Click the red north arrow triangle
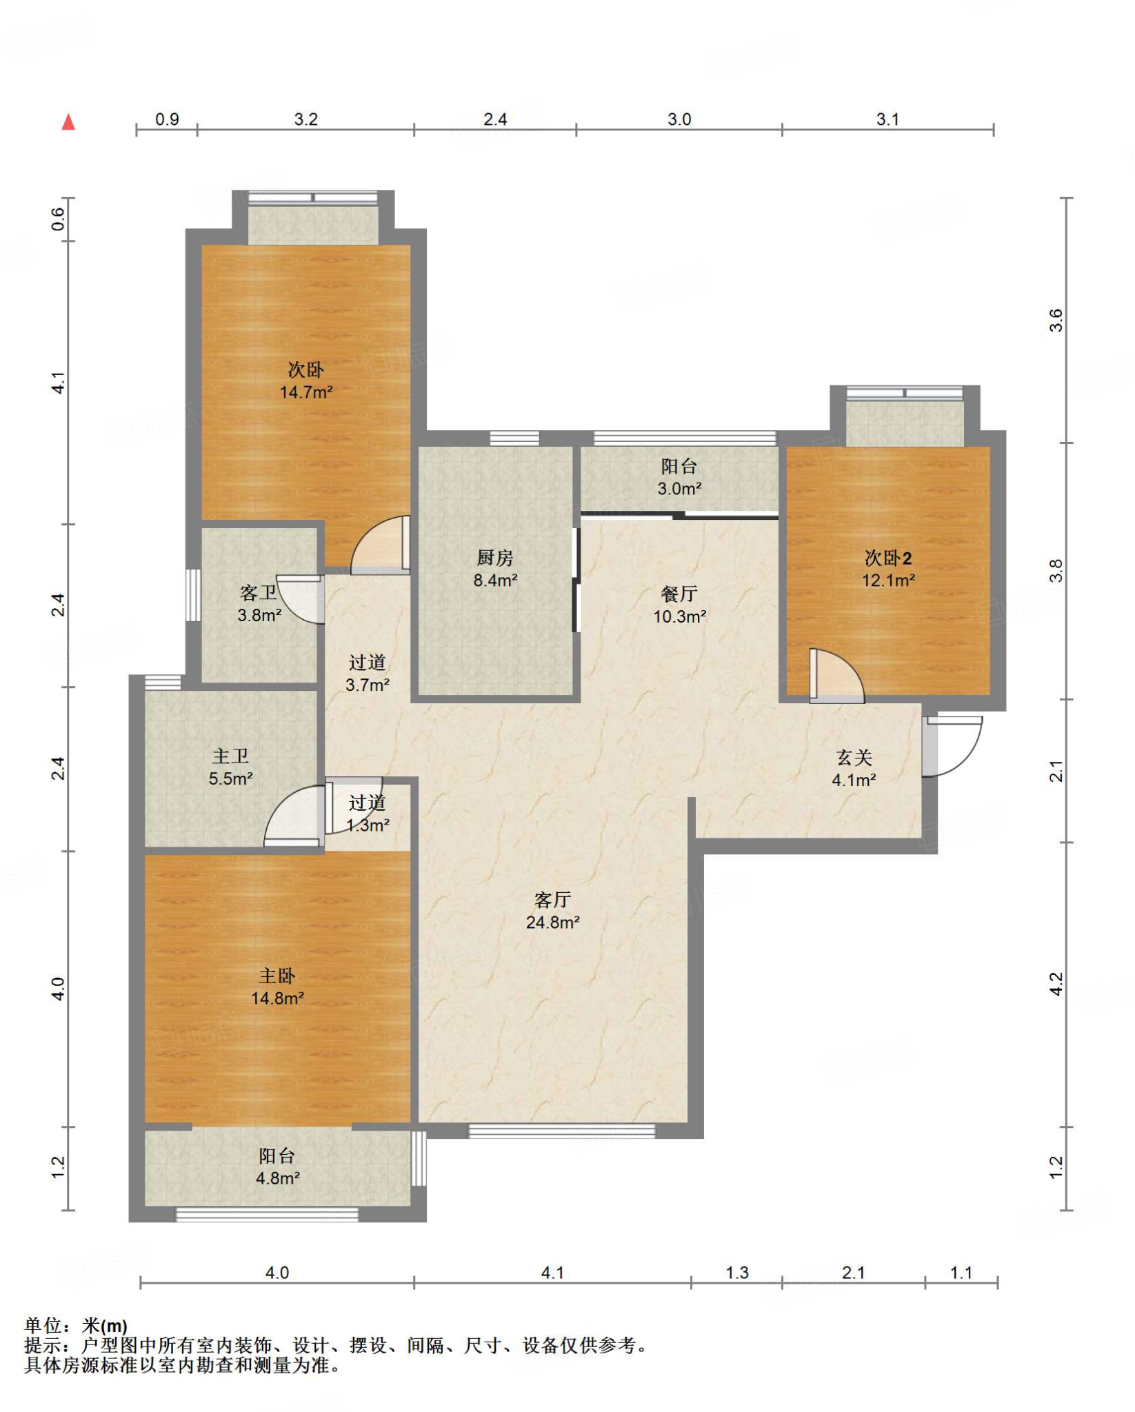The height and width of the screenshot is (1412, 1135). click(x=68, y=123)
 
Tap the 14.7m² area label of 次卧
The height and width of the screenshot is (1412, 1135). click(x=306, y=392)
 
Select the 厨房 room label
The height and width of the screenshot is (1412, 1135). click(x=495, y=557)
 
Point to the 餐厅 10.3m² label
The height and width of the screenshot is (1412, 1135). click(x=679, y=605)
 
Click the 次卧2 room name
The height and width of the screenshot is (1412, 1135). click(x=888, y=558)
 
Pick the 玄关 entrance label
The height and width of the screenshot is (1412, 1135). click(x=854, y=758)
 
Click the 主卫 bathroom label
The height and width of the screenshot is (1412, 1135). click(x=230, y=756)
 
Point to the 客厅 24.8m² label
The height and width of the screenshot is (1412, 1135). click(x=552, y=911)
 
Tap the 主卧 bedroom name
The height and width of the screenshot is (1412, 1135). click(x=277, y=976)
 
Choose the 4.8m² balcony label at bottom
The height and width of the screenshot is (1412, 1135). click(x=278, y=1178)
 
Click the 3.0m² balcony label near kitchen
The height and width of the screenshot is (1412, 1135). click(x=679, y=489)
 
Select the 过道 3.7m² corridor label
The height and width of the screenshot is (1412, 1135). click(x=367, y=674)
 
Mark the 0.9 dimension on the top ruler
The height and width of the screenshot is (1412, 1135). click(x=167, y=119)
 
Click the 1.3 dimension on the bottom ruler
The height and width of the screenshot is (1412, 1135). click(x=737, y=1273)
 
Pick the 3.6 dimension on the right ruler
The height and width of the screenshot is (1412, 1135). click(x=1056, y=321)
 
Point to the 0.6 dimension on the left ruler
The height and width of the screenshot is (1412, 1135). click(x=59, y=219)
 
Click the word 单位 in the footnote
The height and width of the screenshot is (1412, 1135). click(x=43, y=1326)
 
